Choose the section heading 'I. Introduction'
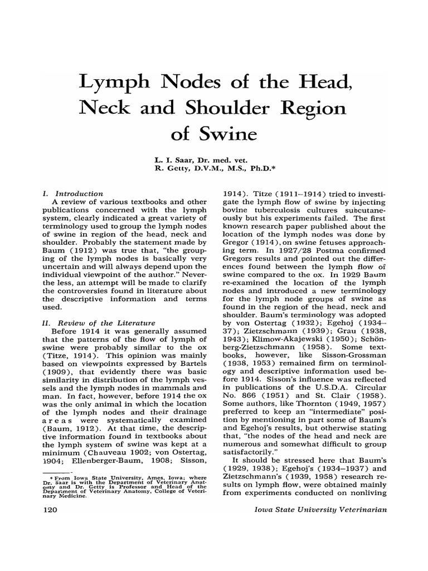point(72,193)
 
